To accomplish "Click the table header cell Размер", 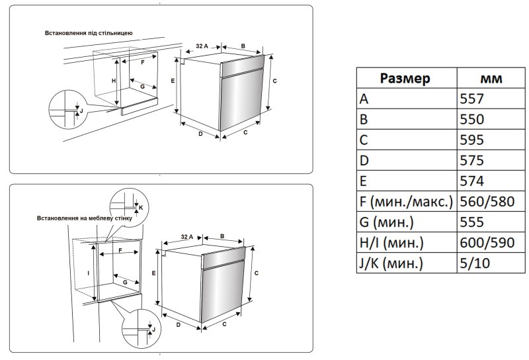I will (x=405, y=79).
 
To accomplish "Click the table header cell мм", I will (x=489, y=79).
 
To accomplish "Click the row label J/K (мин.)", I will (x=389, y=263).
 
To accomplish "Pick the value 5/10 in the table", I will (x=474, y=263).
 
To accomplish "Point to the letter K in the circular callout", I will (x=140, y=206).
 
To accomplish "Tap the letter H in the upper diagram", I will (x=114, y=81).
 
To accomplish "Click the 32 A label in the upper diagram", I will (x=202, y=46).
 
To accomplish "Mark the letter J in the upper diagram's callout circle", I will (x=82, y=111).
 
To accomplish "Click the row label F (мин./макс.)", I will (x=405, y=202).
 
